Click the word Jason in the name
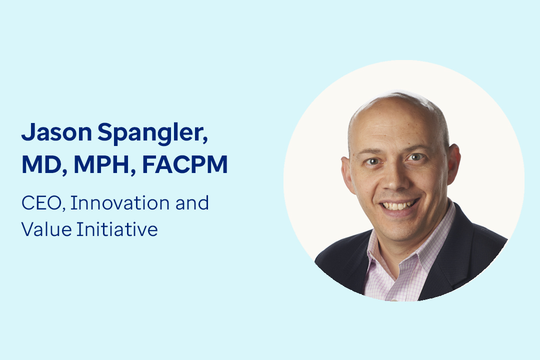click(57, 132)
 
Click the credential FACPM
click(185, 164)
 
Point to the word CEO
click(41, 203)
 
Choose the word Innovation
click(120, 202)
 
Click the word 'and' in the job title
click(192, 202)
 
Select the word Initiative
click(117, 229)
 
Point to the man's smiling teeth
click(398, 205)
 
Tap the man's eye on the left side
click(372, 161)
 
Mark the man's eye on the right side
click(415, 157)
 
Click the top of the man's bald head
click(396, 96)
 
